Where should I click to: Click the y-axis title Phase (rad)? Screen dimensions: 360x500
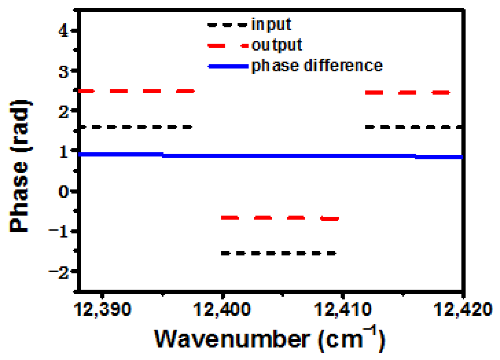(20, 166)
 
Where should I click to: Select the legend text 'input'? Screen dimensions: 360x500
(271, 24)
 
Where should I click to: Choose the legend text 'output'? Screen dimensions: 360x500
(277, 45)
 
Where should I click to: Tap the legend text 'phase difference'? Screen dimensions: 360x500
(317, 66)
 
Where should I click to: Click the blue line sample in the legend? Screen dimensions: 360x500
(228, 66)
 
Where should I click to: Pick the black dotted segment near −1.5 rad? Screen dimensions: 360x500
(279, 253)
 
